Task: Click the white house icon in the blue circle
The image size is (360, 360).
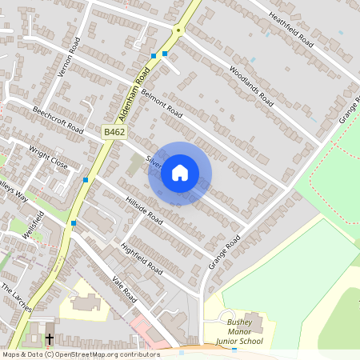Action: point(180,173)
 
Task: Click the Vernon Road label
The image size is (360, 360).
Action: point(70,58)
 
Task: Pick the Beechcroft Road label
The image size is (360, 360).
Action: point(58,118)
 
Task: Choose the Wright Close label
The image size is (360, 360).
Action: point(49,155)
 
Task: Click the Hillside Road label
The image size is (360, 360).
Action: point(145,210)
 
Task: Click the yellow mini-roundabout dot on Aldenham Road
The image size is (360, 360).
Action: point(178,30)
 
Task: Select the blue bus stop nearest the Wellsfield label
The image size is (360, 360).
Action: point(74,222)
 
